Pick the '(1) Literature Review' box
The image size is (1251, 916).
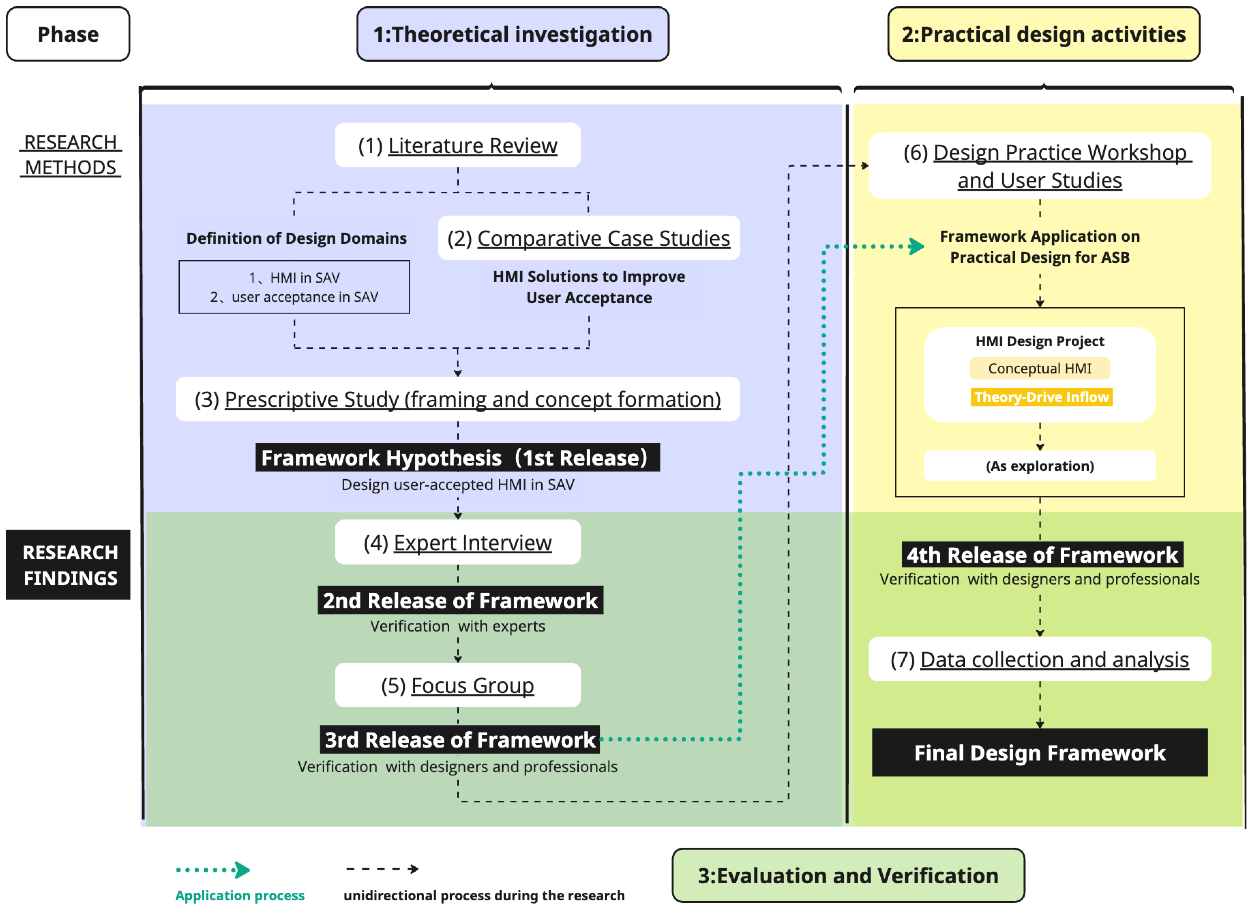pyautogui.click(x=457, y=145)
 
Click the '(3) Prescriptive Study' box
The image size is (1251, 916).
pyautogui.click(x=457, y=399)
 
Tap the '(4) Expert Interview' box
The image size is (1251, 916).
pyautogui.click(x=457, y=542)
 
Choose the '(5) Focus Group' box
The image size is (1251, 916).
pyautogui.click(x=457, y=685)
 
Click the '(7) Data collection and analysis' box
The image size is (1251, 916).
pyautogui.click(x=1039, y=659)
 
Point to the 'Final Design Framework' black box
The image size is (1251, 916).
pyautogui.click(x=1039, y=752)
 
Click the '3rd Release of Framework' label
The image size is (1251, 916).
pyautogui.click(x=459, y=740)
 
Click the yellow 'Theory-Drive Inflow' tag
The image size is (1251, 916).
pyautogui.click(x=1041, y=397)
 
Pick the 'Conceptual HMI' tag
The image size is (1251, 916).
pyautogui.click(x=1039, y=368)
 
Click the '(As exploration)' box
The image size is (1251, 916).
pyautogui.click(x=1039, y=466)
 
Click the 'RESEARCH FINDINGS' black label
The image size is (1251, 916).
pyautogui.click(x=68, y=564)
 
